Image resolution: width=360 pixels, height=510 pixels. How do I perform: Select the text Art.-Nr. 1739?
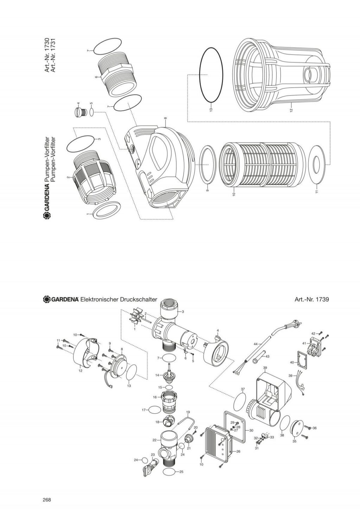[311, 299]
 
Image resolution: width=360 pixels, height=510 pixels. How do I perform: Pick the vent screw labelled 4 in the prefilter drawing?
[80, 113]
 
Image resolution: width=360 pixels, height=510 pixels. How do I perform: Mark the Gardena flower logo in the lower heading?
[46, 299]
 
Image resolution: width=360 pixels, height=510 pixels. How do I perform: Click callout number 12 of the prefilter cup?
[291, 110]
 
